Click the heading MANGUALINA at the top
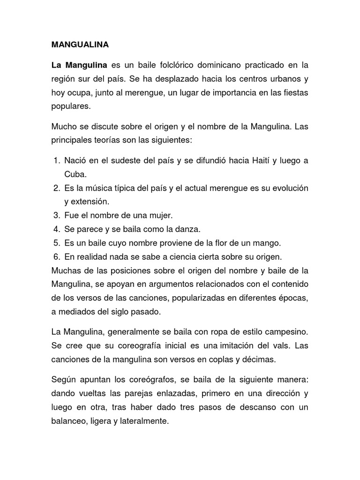click(80, 45)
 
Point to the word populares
click(70, 106)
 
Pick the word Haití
click(257, 161)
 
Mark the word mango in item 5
click(268, 243)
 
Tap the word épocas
click(292, 298)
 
